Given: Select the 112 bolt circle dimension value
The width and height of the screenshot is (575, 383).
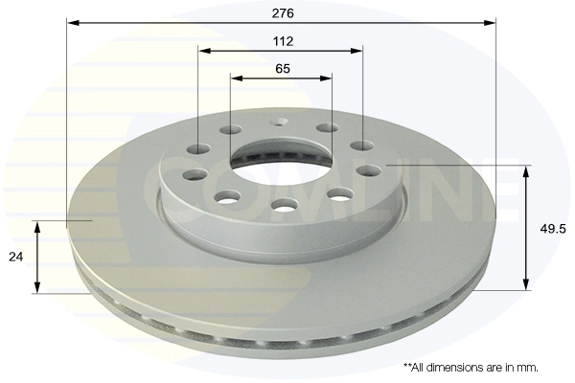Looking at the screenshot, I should pyautogui.click(x=282, y=41).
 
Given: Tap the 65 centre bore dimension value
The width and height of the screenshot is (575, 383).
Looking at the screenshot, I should pyautogui.click(x=282, y=69).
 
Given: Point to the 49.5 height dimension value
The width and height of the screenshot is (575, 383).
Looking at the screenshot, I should pyautogui.click(x=548, y=228).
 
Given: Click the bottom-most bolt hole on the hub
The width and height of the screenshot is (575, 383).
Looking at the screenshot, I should pyautogui.click(x=283, y=204).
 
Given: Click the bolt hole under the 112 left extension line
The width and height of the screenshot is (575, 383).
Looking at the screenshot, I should pyautogui.click(x=199, y=148).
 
